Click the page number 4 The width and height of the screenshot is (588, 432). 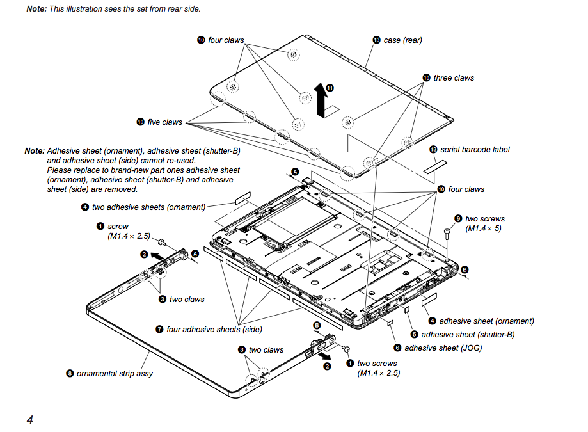tap(29, 420)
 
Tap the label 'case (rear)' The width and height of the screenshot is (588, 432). tap(402, 40)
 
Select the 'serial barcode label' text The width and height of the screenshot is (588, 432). tap(475, 149)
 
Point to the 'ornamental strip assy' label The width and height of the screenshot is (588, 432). tap(115, 373)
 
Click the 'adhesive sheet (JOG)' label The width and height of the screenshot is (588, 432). tap(443, 348)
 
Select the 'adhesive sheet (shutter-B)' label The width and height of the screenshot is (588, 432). tap(468, 334)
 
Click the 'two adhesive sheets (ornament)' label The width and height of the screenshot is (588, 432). tap(148, 207)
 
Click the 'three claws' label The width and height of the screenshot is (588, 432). tap(454, 78)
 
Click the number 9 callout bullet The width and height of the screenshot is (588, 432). tap(457, 219)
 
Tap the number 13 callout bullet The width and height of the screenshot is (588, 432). tap(376, 40)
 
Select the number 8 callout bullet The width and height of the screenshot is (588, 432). tap(70, 373)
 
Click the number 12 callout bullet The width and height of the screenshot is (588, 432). tap(433, 149)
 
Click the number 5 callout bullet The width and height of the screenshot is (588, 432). tap(414, 334)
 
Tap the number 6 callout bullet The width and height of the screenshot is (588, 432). tap(397, 348)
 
